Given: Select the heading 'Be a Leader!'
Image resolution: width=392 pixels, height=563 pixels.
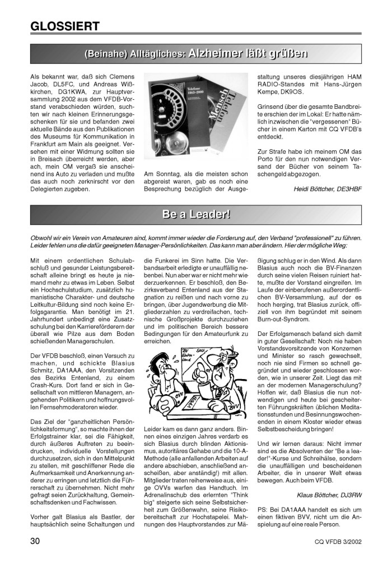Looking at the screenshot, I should click(x=195, y=214).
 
